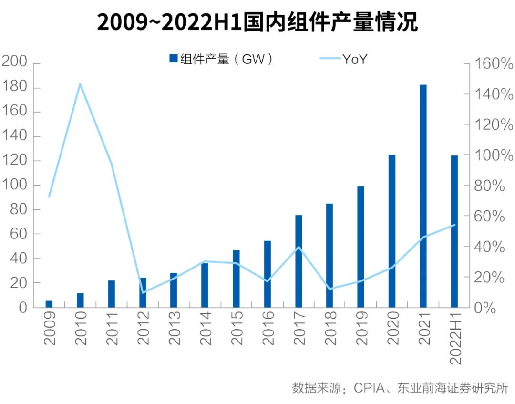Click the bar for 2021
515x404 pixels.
coord(423,196)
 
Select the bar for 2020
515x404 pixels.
coord(392,231)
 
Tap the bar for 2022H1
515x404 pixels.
coord(454,231)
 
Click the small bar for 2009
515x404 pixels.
coord(49,304)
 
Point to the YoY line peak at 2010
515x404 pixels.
coord(80,84)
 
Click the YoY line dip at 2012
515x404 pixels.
coord(143,292)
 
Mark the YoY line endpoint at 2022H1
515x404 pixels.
coord(454,225)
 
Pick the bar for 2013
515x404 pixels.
coord(174,290)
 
